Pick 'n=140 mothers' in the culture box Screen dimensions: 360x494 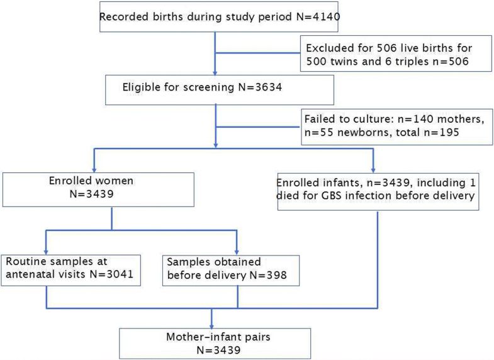[x=423, y=118]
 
